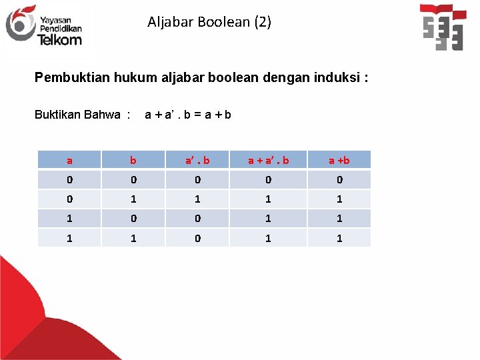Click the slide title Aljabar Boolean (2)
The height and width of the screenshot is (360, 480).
(x=209, y=22)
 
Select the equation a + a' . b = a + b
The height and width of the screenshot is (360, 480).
(x=188, y=114)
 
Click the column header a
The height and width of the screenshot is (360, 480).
(x=69, y=160)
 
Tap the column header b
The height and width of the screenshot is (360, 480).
(x=133, y=160)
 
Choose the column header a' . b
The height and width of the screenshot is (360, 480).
(x=197, y=160)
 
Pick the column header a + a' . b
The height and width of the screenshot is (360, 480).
(x=268, y=160)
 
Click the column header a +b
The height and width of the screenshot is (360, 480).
(x=339, y=160)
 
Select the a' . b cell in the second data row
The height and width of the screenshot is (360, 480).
(x=197, y=199)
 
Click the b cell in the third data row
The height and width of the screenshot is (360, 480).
(x=133, y=218)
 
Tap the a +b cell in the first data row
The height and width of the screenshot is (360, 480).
(x=339, y=179)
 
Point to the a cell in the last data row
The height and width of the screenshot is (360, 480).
(x=69, y=237)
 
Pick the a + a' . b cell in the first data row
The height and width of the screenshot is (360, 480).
(x=268, y=179)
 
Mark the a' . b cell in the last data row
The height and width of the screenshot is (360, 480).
(x=197, y=237)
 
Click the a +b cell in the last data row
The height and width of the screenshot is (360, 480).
(x=339, y=237)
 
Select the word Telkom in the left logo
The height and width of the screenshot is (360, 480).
(x=60, y=39)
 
